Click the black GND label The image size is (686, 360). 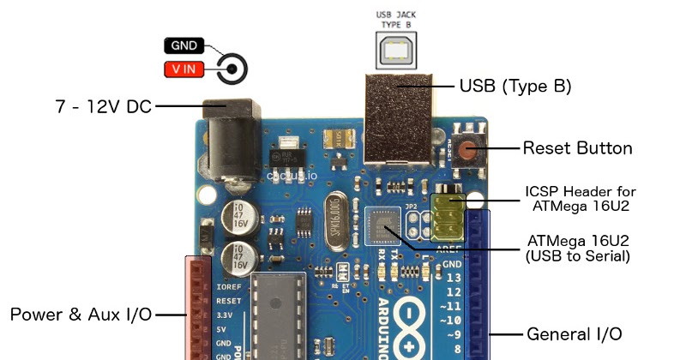183,46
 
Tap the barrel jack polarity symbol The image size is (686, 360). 232,69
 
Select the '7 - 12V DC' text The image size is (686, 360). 102,106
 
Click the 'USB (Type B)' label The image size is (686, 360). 515,86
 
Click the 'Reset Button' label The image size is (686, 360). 577,148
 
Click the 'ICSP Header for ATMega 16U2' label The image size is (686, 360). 580,198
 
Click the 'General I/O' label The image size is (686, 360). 574,333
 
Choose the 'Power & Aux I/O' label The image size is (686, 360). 81,315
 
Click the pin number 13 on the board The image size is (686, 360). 454,278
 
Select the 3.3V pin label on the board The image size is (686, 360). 227,315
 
